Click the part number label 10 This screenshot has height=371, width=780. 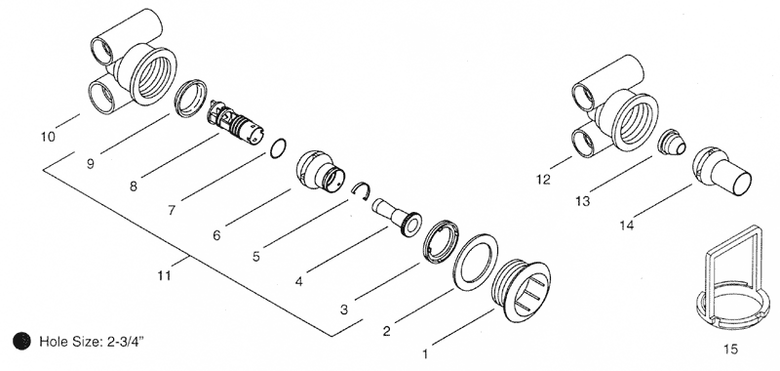pyautogui.click(x=48, y=137)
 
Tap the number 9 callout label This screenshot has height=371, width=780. pyautogui.click(x=90, y=164)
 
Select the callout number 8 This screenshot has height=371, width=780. pyautogui.click(x=133, y=186)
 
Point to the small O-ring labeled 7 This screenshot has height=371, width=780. pyautogui.click(x=279, y=148)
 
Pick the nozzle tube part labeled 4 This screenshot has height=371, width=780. pyautogui.click(x=397, y=217)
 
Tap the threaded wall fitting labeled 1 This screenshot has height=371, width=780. pyautogui.click(x=521, y=290)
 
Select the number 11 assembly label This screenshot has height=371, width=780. pyautogui.click(x=164, y=275)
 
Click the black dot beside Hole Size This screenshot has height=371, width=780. pyautogui.click(x=21, y=341)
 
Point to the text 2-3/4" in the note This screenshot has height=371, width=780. pyautogui.click(x=126, y=342)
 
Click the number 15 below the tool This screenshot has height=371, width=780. pyautogui.click(x=730, y=350)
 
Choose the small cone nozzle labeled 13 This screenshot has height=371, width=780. pyautogui.click(x=672, y=143)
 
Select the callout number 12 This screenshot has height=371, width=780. pyautogui.click(x=544, y=180)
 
